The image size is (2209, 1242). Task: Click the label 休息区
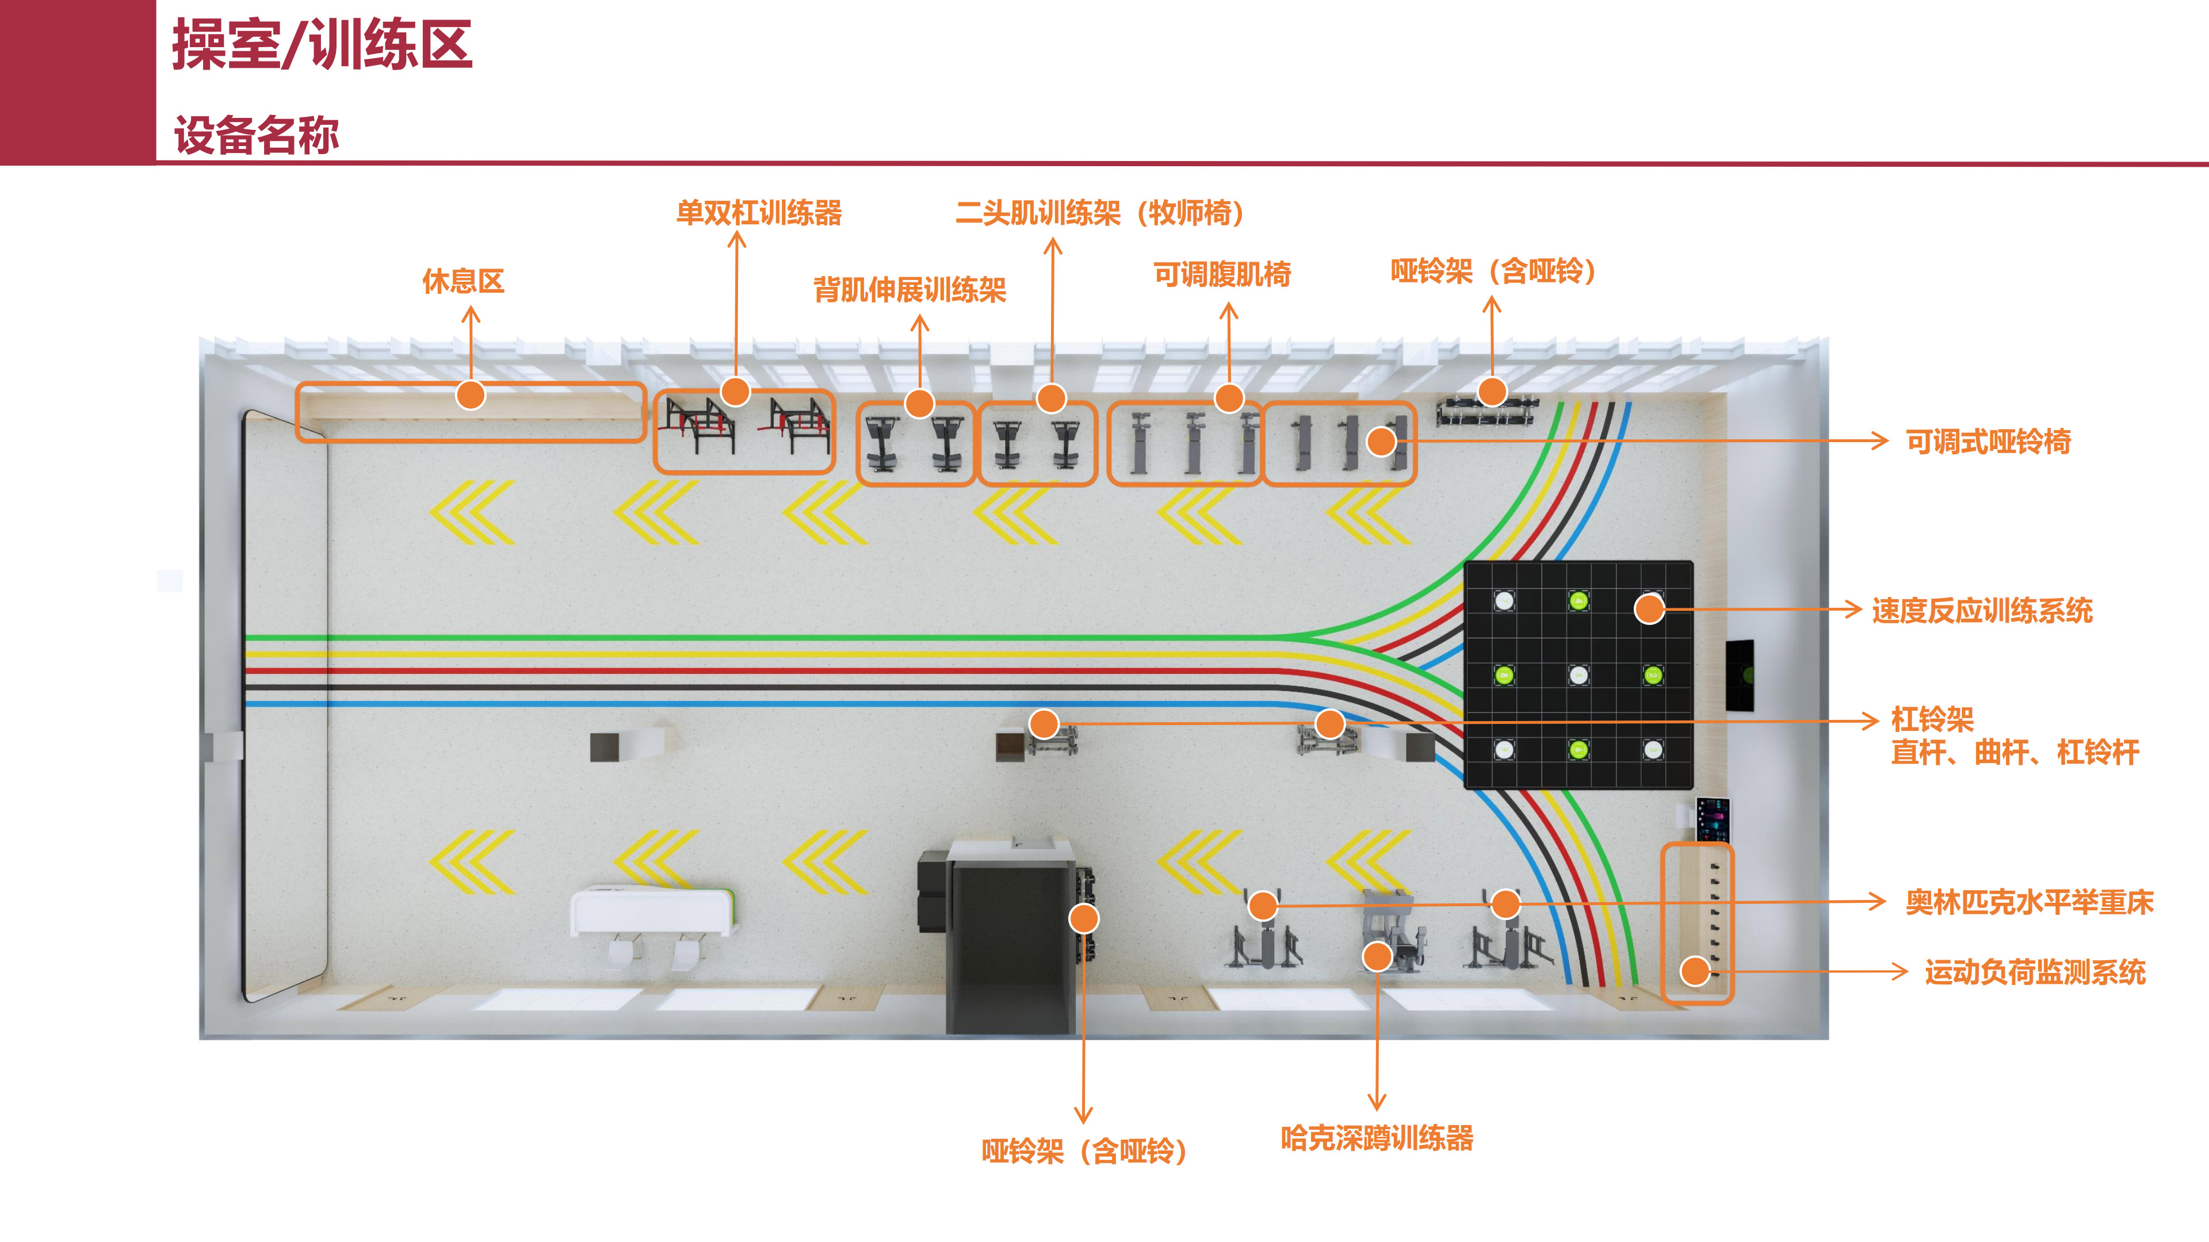463,281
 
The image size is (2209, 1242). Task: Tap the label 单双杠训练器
759,213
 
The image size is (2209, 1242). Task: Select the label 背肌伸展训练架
910,290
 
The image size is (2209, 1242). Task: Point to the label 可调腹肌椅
1222,274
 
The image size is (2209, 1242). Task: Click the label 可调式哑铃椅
1988,442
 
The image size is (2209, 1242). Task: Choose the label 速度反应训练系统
1982,610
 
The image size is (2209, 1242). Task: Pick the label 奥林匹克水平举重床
2029,902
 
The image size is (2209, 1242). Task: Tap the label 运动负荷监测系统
2034,972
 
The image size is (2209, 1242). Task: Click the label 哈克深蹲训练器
1377,1138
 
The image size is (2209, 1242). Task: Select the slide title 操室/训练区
322,45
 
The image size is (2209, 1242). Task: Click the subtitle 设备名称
257,136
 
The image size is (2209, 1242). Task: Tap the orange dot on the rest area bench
471,395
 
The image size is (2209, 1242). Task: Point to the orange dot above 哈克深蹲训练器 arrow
1377,957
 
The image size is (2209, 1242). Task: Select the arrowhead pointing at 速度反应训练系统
1854,609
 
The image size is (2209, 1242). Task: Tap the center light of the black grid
1578,676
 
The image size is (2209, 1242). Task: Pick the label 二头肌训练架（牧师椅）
1099,213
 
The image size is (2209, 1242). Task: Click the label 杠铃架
1932,718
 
